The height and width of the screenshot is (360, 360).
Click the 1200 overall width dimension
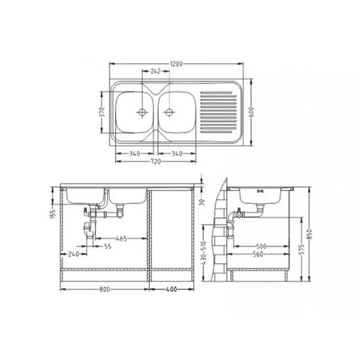click(x=176, y=64)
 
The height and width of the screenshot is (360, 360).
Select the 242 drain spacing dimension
click(x=155, y=71)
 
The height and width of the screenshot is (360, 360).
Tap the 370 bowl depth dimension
click(x=102, y=112)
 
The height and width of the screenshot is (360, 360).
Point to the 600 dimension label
click(x=251, y=112)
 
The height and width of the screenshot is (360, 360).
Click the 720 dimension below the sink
click(x=155, y=162)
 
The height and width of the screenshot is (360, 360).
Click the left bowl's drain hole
click(x=142, y=113)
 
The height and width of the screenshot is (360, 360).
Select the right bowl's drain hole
click(x=170, y=113)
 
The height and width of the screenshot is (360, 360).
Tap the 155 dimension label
click(x=53, y=214)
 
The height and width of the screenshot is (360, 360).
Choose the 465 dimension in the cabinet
click(x=121, y=238)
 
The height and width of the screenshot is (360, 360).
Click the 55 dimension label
click(x=108, y=246)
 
